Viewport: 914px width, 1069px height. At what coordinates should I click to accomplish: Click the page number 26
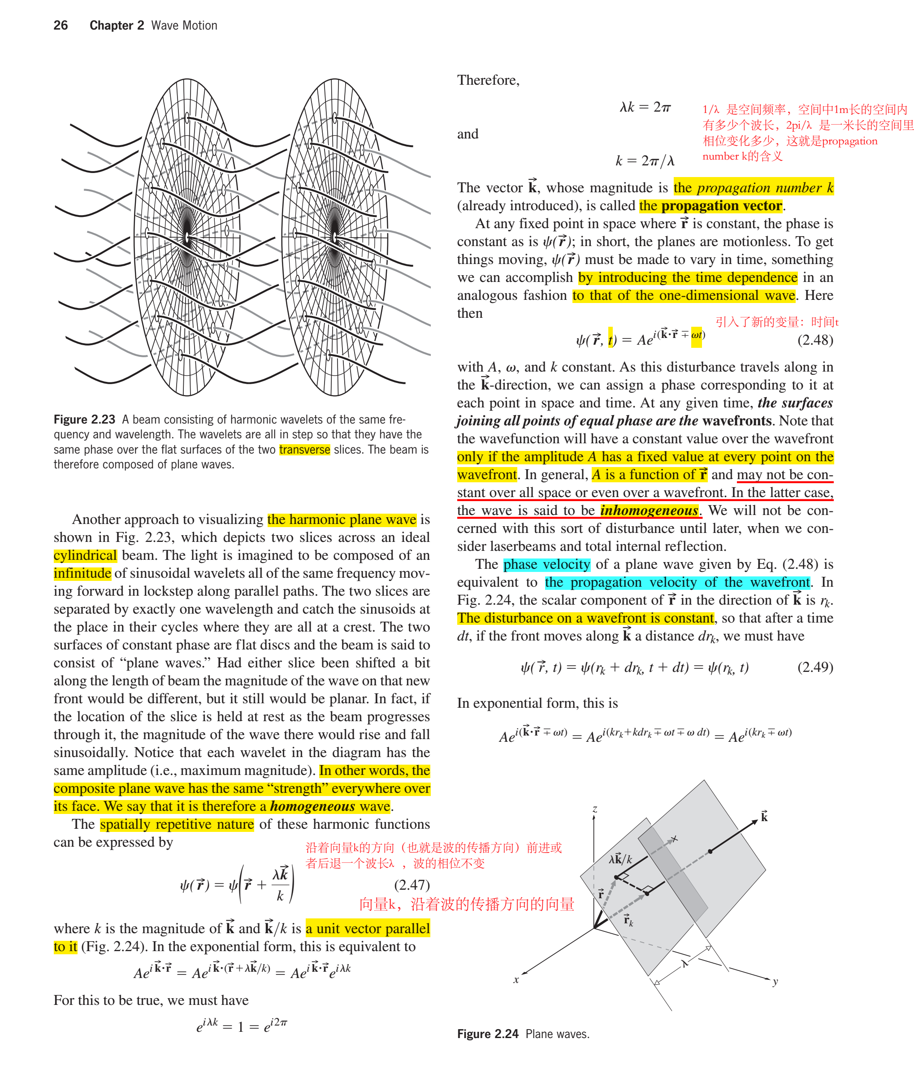pos(61,25)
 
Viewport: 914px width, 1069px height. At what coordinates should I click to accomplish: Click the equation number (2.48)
pos(815,340)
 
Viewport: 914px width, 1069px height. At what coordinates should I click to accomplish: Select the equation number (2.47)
pos(412,885)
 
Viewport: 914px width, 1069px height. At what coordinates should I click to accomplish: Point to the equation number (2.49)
pos(815,667)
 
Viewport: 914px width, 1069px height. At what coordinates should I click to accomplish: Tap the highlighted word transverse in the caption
pos(304,450)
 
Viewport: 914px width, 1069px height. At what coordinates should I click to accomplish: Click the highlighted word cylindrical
pos(85,555)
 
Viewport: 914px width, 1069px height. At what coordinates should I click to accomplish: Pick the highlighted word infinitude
pos(82,573)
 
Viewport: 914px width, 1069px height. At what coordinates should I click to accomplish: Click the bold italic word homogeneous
pos(312,806)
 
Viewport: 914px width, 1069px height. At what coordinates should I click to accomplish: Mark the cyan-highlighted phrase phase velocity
pos(546,564)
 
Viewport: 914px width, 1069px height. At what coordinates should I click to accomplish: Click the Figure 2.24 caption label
pos(488,1034)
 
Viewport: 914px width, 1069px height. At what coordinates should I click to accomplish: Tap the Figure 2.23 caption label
pos(84,420)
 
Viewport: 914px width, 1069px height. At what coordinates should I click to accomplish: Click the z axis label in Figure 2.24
pos(594,809)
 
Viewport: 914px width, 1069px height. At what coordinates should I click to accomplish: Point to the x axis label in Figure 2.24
pos(515,980)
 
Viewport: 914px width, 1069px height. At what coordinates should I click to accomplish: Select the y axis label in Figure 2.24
pos(775,982)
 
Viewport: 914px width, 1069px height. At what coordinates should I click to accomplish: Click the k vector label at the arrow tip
pos(764,816)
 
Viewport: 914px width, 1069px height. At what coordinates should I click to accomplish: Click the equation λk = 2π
pos(645,107)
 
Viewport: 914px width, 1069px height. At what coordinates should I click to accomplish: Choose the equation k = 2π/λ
pos(645,161)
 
